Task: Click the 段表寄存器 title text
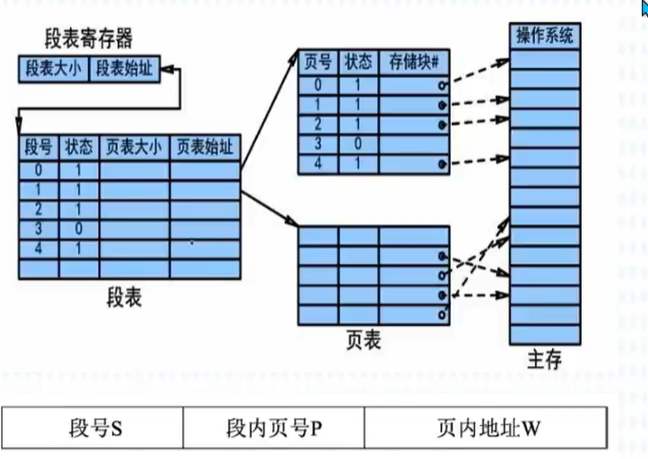(89, 39)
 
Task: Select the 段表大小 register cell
(55, 69)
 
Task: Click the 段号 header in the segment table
(38, 147)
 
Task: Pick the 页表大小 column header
(134, 147)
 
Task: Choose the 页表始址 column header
(205, 147)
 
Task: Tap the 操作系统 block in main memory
(544, 37)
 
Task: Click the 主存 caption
(544, 357)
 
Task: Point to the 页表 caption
(367, 340)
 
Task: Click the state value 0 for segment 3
(78, 230)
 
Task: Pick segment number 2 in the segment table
(38, 209)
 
